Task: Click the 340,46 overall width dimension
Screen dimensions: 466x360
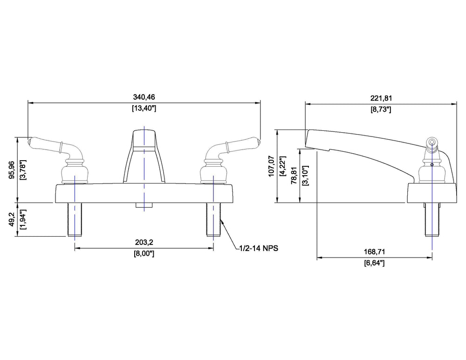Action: (x=144, y=97)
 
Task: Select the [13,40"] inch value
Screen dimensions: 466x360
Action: (x=144, y=108)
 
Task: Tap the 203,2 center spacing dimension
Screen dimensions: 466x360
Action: (x=144, y=242)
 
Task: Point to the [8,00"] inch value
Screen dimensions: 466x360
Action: (x=144, y=254)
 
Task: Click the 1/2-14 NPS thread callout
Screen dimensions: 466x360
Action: (x=259, y=248)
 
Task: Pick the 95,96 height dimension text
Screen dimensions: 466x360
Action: (x=12, y=170)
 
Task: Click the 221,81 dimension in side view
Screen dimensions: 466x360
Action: (x=381, y=98)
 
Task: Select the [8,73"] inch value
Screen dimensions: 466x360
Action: (x=381, y=109)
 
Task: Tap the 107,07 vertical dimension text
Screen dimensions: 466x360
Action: (x=271, y=166)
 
